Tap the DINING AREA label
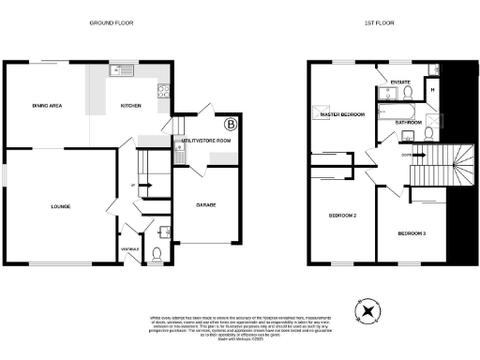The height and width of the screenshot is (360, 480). pos(47,106)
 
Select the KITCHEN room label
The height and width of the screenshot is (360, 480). pos(131,106)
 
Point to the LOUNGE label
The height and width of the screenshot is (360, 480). pos(61,205)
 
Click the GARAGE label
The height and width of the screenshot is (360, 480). pos(206,204)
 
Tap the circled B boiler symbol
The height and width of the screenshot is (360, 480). pos(230,124)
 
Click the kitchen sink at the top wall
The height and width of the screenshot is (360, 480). pos(122,70)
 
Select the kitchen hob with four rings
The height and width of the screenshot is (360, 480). pos(163,92)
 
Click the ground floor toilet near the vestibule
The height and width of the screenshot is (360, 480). pos(156,252)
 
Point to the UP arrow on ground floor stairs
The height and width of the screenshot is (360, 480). pos(132,185)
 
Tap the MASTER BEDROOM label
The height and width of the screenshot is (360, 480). pos(341,114)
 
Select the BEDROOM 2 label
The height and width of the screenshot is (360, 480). pos(342,216)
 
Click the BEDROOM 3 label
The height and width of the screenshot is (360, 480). pos(412,232)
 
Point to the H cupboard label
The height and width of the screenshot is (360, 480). pos(432,90)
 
